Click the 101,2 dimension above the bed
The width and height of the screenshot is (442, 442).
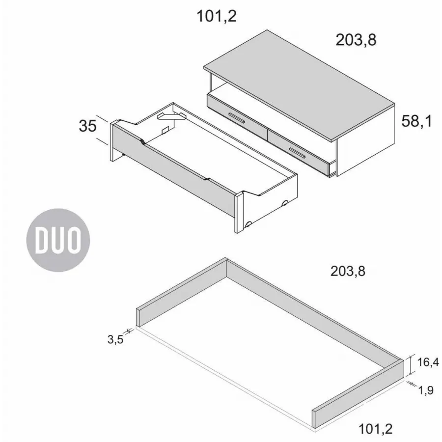click(x=217, y=16)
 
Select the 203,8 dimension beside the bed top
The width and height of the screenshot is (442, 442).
click(x=356, y=40)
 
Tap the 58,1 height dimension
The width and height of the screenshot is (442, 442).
click(x=416, y=121)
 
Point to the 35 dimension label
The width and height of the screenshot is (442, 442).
click(x=88, y=126)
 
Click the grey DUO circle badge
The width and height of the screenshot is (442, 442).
click(x=58, y=240)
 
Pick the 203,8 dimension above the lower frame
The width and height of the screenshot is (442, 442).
click(x=348, y=271)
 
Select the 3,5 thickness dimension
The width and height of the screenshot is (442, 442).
click(x=115, y=339)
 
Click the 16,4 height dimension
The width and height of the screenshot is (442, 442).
click(x=428, y=362)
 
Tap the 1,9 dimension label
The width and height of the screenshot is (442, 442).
click(x=426, y=390)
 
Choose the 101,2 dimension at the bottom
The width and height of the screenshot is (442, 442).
click(x=376, y=429)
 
